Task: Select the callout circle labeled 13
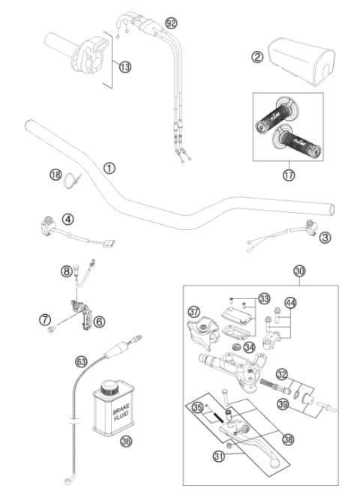pyautogui.click(x=124, y=67)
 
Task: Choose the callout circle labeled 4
pyautogui.click(x=67, y=219)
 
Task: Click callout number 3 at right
pyautogui.click(x=325, y=238)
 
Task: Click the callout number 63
pyautogui.click(x=81, y=362)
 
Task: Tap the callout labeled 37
pyautogui.click(x=193, y=311)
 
